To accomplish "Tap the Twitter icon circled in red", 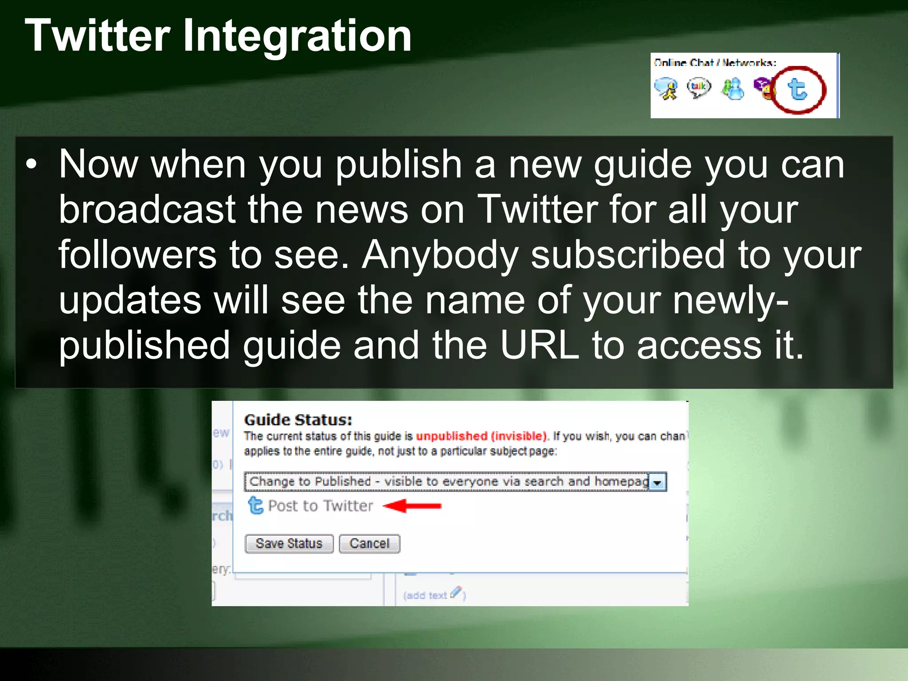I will click(798, 90).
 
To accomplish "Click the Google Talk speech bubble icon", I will click(698, 87).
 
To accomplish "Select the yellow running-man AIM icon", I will click(666, 89).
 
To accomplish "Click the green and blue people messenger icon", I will click(733, 89).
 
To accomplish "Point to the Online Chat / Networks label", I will click(715, 63).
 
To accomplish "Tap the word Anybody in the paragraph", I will click(440, 255).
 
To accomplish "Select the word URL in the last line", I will click(539, 345).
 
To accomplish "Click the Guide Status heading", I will click(298, 419).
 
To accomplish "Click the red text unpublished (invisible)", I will click(481, 436).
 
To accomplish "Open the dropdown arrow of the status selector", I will click(658, 482).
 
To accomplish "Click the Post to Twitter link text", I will click(321, 506).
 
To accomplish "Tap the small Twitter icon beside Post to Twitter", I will click(255, 505).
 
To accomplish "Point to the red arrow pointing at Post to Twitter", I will click(412, 505).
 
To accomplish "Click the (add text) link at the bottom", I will click(426, 595).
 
